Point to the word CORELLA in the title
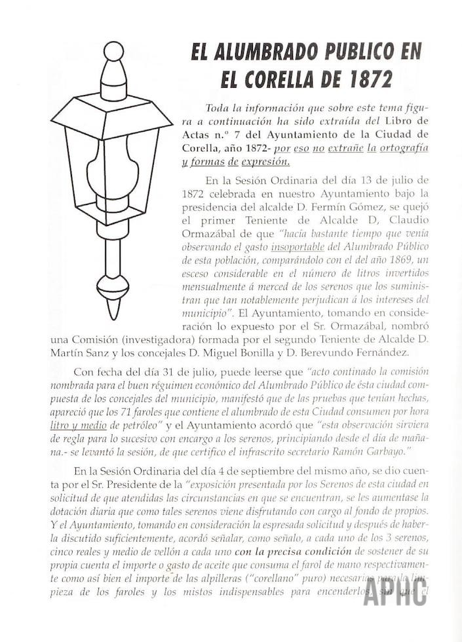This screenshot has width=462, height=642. point(282,79)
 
